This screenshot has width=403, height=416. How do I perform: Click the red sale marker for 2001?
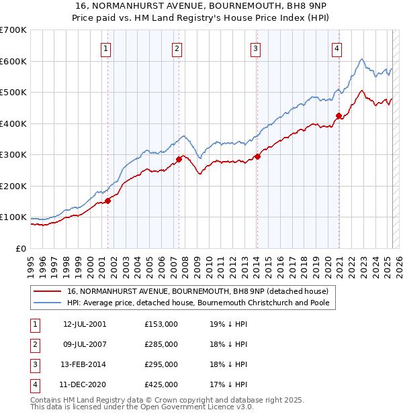tap(107, 201)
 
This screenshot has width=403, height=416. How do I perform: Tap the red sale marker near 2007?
tap(179, 160)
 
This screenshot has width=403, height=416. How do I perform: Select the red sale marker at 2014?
tap(257, 157)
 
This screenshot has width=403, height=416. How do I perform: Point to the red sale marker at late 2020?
tap(339, 115)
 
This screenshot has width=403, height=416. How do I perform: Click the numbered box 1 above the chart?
tap(107, 48)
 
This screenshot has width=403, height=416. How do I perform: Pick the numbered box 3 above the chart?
tap(256, 48)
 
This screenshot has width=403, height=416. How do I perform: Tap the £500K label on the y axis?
tap(13, 92)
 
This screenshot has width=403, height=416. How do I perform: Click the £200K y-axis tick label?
tap(13, 186)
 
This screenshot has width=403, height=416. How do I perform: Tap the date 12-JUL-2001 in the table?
tap(84, 324)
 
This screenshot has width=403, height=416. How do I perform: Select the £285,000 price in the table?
tap(161, 344)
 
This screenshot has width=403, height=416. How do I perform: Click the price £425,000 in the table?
tap(161, 384)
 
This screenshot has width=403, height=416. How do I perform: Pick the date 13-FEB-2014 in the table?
tap(84, 364)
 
